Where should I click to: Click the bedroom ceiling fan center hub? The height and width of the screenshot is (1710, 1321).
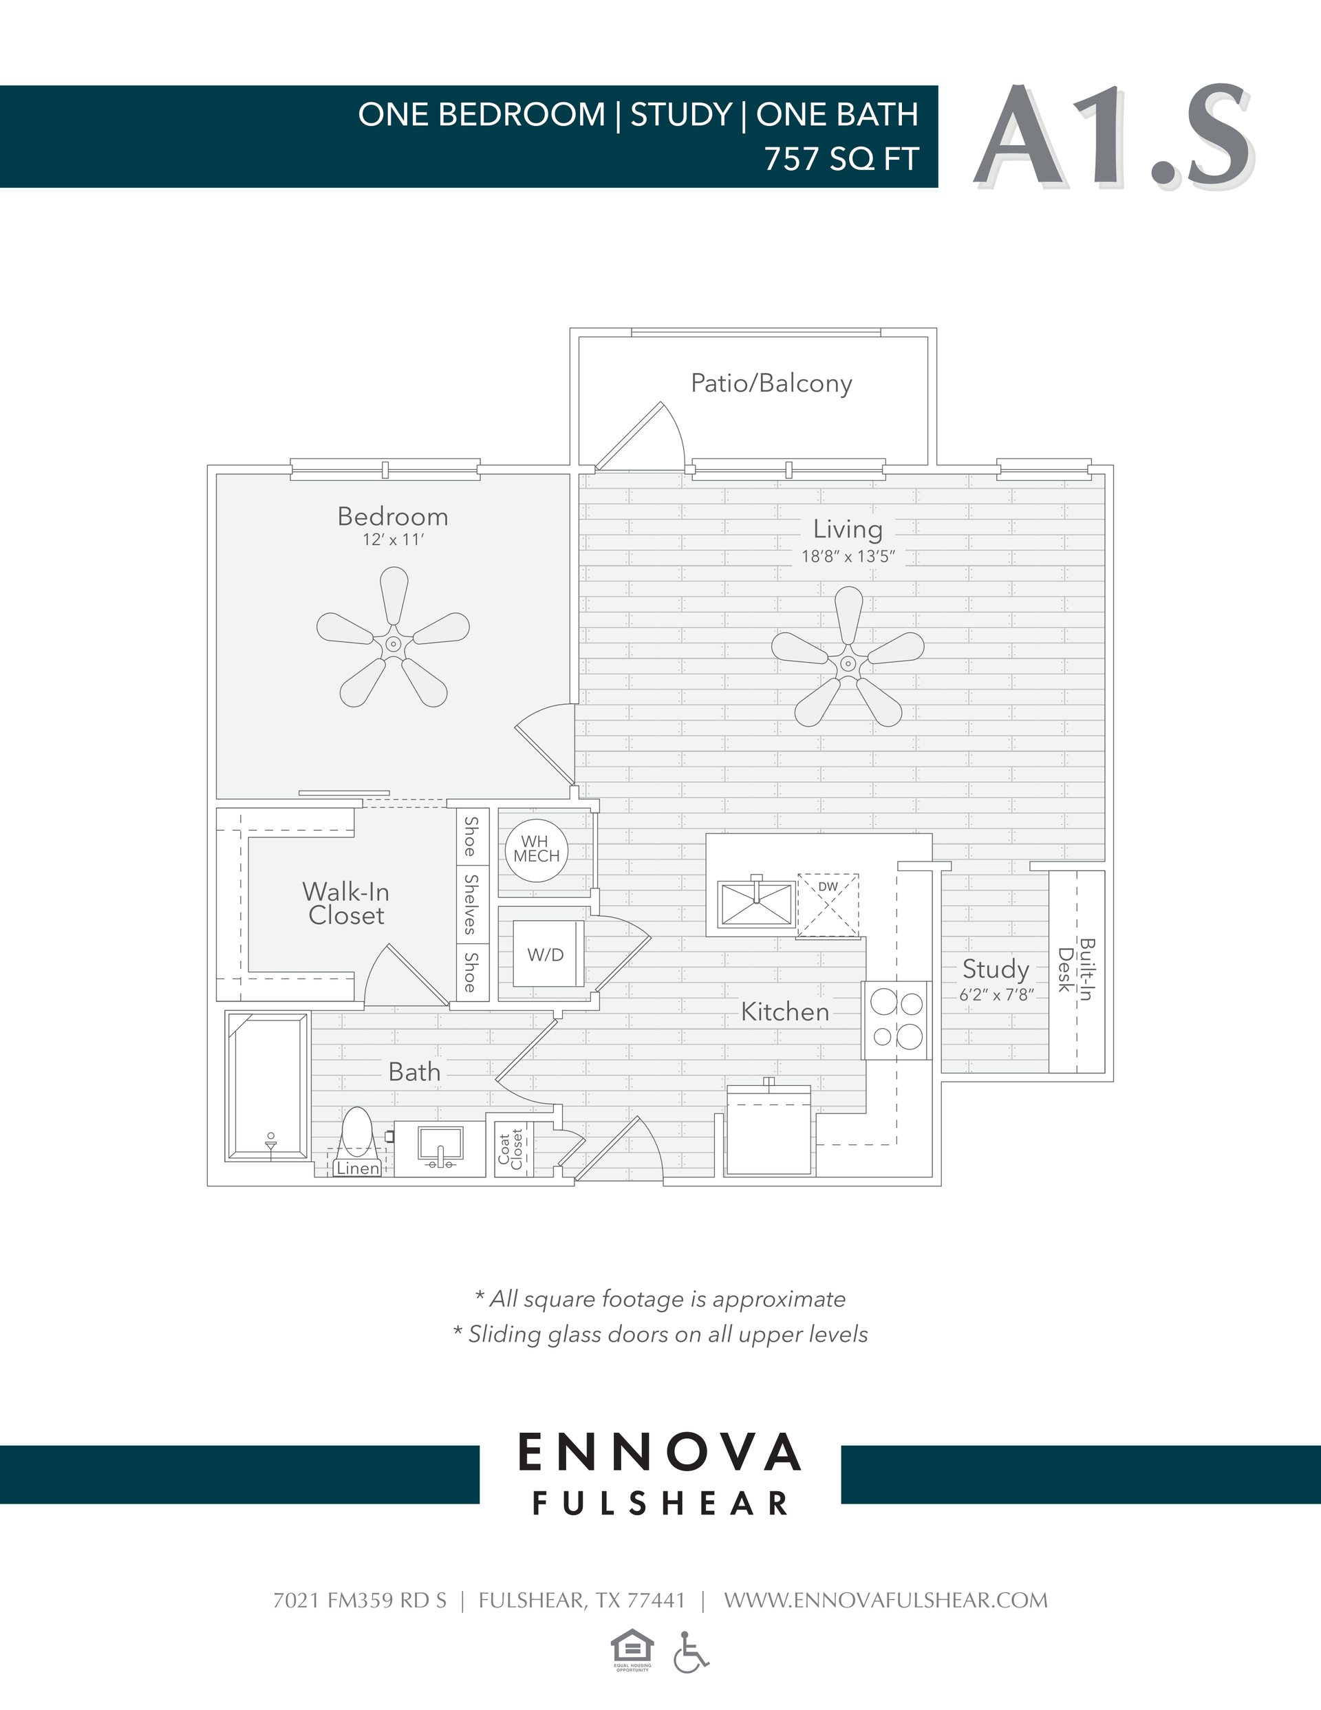[393, 644]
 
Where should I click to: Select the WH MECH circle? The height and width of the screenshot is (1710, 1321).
[537, 850]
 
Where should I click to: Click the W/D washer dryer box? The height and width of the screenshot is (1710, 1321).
[546, 954]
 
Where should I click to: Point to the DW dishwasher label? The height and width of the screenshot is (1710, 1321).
[828, 887]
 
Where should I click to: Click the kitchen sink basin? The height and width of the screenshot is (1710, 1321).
[756, 904]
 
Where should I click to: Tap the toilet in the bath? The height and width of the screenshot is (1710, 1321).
[358, 1132]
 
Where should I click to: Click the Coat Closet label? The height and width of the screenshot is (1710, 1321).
[511, 1149]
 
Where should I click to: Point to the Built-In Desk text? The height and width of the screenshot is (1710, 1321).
[1076, 970]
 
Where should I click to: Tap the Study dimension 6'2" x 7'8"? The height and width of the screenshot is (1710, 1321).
[997, 995]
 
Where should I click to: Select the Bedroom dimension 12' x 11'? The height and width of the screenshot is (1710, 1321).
[392, 539]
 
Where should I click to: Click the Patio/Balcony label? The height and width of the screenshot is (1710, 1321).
[771, 384]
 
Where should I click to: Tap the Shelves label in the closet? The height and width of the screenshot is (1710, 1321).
[471, 904]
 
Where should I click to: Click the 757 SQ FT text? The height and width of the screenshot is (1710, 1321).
[841, 159]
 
